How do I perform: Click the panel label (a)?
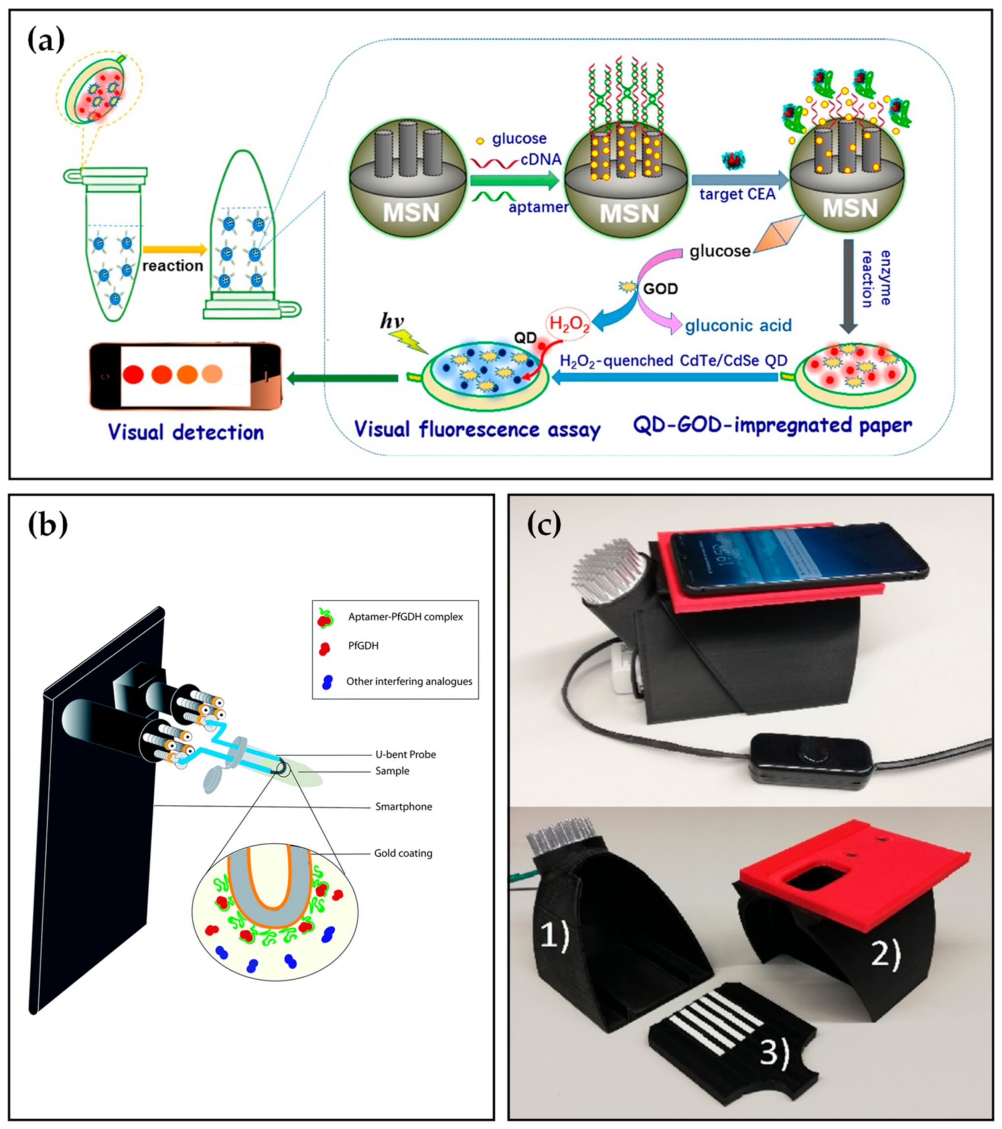[46, 41]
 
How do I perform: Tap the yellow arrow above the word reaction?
[174, 250]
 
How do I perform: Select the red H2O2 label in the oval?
[569, 325]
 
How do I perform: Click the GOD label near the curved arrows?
[660, 289]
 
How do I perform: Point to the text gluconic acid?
[738, 326]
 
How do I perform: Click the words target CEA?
[737, 194]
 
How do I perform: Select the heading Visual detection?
[185, 432]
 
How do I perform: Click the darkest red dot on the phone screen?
[133, 374]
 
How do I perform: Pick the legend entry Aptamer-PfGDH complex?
[405, 617]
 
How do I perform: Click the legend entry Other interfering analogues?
[409, 682]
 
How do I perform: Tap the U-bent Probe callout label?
[405, 755]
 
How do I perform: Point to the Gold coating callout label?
[403, 853]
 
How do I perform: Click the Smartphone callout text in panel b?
[404, 807]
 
